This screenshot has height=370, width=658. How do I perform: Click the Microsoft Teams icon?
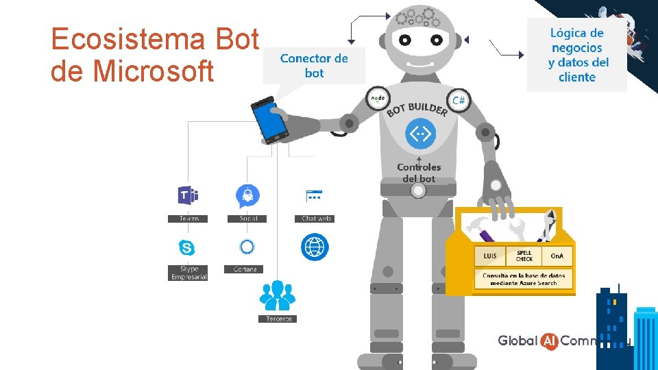coord(187,196)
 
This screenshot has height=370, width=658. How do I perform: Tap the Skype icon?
coord(186,247)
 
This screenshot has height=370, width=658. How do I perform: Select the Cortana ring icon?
coord(247,247)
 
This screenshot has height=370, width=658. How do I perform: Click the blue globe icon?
coord(315,247)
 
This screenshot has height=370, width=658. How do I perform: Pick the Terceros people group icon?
coord(277,296)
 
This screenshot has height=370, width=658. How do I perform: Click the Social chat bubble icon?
coord(247,197)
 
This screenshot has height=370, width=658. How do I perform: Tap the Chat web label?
coord(317,219)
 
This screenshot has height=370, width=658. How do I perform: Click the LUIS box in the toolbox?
coord(490,256)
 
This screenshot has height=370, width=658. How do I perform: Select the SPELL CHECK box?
coord(524,256)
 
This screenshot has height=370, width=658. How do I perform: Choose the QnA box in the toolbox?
coord(557,256)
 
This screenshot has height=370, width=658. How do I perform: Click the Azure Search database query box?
coord(524,279)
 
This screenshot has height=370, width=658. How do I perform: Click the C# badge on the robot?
coord(459,100)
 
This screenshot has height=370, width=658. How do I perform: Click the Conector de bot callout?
coord(314,66)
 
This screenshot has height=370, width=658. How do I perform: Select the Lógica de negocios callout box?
coord(577,55)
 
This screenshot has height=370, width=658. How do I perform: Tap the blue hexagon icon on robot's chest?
coord(419,133)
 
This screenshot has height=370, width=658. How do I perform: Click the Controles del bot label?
coord(419,173)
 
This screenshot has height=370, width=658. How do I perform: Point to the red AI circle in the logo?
coord(549,341)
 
